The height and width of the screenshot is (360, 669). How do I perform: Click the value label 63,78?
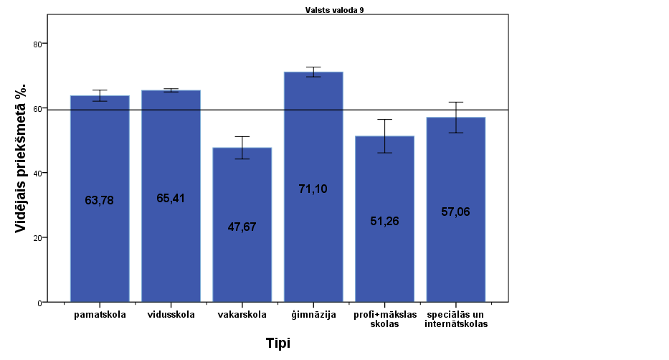click(x=100, y=201)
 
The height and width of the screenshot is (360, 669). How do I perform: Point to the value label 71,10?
click(x=313, y=189)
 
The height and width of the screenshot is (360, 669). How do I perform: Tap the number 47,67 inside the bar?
click(x=242, y=227)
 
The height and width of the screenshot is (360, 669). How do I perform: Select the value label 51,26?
click(x=384, y=221)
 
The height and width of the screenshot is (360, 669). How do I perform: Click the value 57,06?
click(x=456, y=212)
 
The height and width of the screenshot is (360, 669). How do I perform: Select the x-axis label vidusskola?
click(x=171, y=314)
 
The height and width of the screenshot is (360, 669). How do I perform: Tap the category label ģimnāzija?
click(x=313, y=314)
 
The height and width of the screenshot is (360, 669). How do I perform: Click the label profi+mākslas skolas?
click(x=384, y=319)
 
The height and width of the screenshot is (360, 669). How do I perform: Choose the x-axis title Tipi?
click(x=277, y=343)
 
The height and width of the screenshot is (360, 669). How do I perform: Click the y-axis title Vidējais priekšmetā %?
click(x=22, y=158)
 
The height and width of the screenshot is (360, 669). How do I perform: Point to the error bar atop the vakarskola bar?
click(x=242, y=147)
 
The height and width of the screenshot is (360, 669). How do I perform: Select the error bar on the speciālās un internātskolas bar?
click(x=456, y=117)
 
